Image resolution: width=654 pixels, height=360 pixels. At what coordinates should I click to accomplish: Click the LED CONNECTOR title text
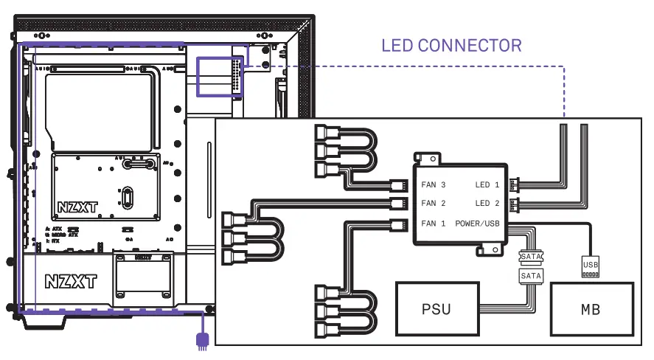click(451, 46)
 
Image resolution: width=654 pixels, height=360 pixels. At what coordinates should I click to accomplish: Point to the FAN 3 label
click(434, 184)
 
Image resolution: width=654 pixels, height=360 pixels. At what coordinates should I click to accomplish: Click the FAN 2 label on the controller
click(434, 204)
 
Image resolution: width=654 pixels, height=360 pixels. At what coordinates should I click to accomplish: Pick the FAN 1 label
click(434, 223)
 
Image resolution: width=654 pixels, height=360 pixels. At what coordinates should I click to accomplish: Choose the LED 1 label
click(487, 184)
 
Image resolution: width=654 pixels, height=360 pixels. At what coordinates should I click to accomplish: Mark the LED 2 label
click(487, 204)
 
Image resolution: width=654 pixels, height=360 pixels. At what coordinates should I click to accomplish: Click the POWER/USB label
click(477, 223)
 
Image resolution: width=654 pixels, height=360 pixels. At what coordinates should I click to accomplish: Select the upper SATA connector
click(531, 257)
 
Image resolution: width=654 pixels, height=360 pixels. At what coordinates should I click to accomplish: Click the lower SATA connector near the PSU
click(531, 275)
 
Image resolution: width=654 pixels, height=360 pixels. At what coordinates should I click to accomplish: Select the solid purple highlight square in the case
click(219, 76)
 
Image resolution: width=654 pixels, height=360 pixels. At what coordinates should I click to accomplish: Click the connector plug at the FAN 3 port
click(399, 184)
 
